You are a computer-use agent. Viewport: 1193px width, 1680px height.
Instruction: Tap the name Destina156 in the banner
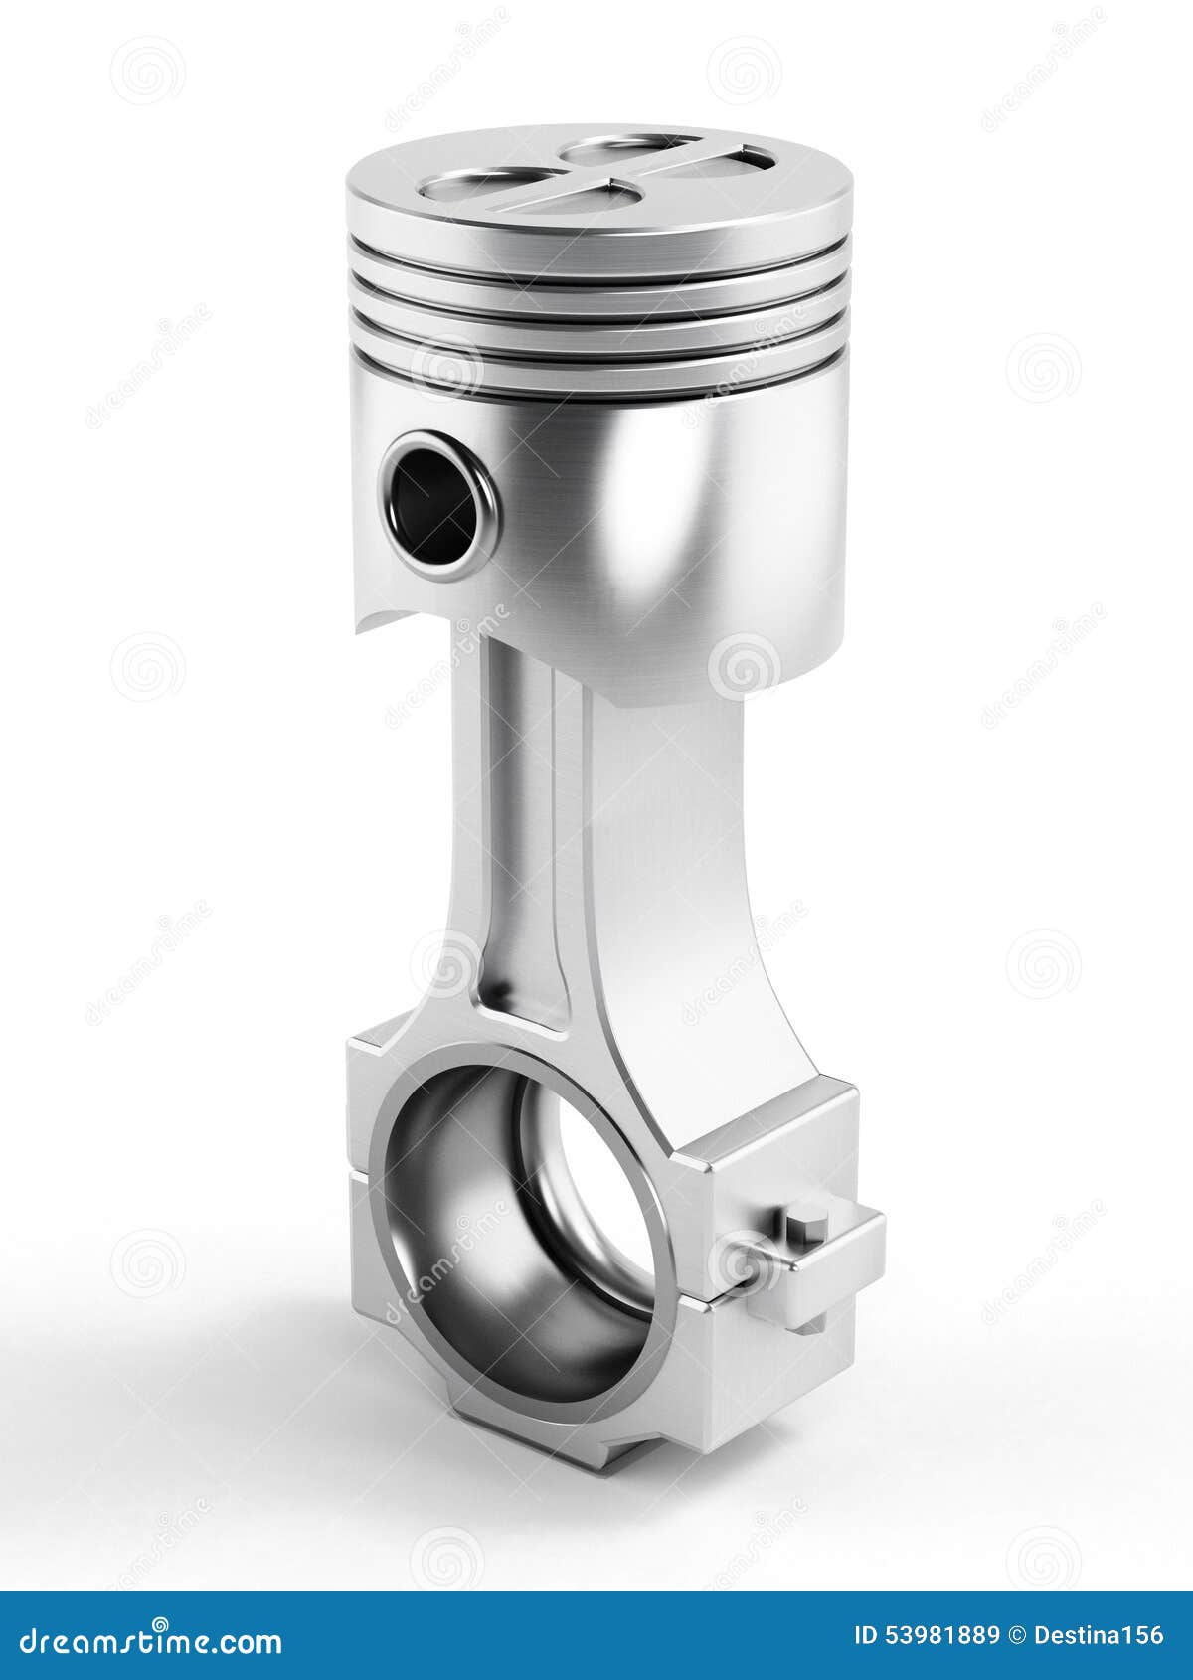(1100, 1635)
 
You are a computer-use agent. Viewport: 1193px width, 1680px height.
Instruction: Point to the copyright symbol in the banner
(1016, 1635)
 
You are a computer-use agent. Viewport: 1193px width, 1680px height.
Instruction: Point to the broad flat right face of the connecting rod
(676, 895)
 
